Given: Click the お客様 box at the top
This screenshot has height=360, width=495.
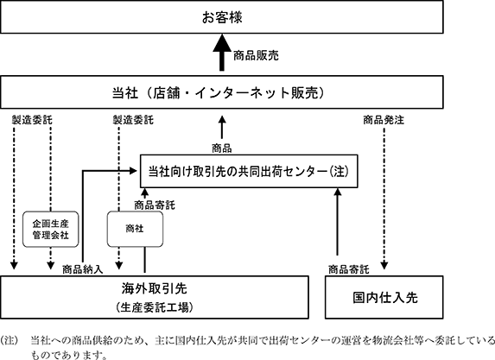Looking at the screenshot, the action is click(x=222, y=17).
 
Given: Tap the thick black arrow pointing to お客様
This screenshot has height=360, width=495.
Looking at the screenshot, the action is click(x=222, y=53).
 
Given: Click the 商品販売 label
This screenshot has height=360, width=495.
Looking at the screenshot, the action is click(x=256, y=56).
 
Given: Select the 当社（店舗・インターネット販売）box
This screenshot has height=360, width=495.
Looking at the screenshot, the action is click(x=222, y=92).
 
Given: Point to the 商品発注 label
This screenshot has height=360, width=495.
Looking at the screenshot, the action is click(x=384, y=120).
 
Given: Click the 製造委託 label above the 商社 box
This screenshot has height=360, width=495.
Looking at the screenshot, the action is click(x=133, y=120).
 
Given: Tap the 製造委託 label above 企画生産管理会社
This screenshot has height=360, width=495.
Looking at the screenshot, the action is click(x=32, y=120).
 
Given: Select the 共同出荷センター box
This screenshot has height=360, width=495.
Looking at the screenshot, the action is click(x=249, y=171).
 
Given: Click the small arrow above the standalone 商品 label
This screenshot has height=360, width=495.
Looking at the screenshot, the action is click(x=222, y=127).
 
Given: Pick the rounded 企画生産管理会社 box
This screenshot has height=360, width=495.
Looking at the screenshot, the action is click(x=50, y=230).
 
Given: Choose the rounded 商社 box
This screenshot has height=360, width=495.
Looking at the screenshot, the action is click(x=135, y=229).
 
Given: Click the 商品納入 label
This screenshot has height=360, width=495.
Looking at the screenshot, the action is click(x=83, y=269).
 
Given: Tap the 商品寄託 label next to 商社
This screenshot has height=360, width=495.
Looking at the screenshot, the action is click(x=155, y=205).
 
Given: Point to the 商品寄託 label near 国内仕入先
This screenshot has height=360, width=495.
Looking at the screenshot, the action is click(x=349, y=269).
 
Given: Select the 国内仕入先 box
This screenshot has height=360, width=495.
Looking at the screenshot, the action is click(x=384, y=297).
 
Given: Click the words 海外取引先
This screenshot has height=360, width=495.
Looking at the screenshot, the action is click(x=155, y=288).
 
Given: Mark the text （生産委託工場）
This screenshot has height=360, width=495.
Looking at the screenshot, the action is click(x=155, y=307).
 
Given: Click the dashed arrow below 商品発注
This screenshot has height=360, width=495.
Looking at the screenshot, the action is click(x=384, y=198).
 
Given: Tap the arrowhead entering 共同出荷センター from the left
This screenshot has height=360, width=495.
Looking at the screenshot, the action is click(x=133, y=171).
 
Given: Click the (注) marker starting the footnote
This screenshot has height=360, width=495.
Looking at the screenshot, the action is click(x=9, y=340).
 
